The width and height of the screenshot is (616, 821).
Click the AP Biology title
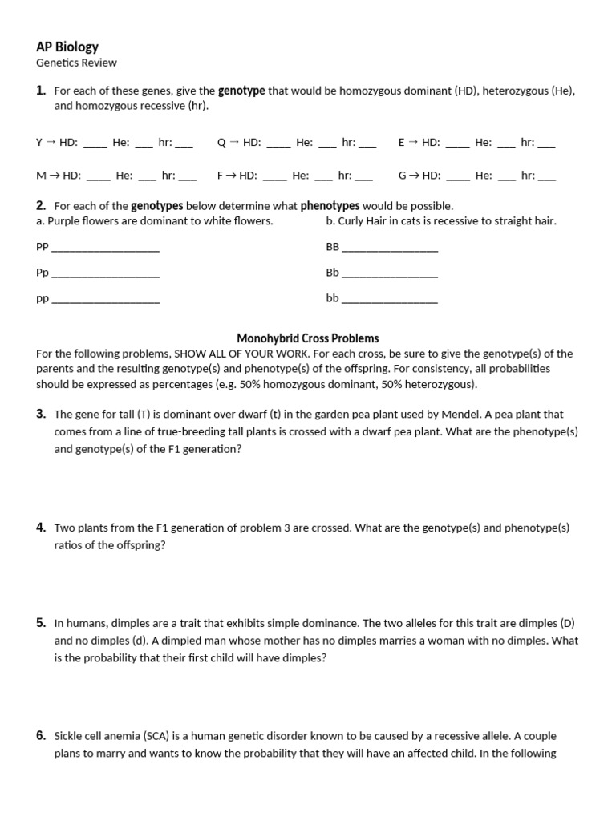67,47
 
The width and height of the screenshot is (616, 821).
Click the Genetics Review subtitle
76,63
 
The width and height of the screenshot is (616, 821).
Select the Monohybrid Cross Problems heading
308,338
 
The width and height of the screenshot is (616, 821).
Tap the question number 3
41,415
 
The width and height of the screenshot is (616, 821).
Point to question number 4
41,528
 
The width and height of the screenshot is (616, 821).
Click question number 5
41,623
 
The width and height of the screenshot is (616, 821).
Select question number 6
41,736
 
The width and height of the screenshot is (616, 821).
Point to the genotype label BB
333,247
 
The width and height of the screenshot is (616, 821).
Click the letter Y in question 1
39,143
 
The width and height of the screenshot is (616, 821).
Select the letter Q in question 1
221,143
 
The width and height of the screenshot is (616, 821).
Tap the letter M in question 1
41,175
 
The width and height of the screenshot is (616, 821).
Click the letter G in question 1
403,175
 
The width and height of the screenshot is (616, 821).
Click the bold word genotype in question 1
241,91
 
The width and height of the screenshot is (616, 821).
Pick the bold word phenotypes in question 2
330,206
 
